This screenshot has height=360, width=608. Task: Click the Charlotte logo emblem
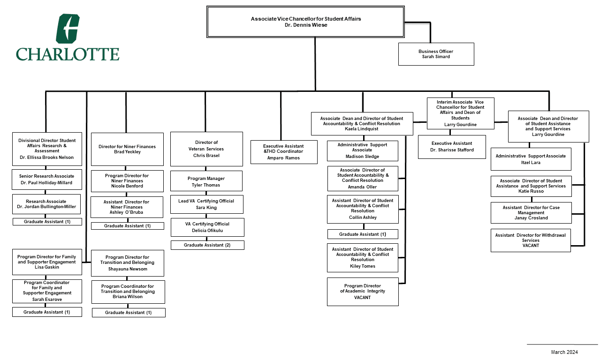click(x=68, y=29)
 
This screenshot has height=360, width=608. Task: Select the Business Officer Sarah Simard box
click(x=436, y=54)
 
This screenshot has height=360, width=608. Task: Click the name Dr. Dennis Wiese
click(x=305, y=25)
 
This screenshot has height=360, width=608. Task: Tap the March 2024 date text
click(x=564, y=352)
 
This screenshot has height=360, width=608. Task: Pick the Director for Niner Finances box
click(x=127, y=149)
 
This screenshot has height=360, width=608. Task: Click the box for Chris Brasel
click(x=206, y=149)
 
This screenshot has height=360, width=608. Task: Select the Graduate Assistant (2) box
click(x=207, y=245)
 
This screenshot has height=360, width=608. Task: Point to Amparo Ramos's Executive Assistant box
click(x=283, y=152)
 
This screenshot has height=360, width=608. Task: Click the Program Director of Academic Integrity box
click(x=363, y=292)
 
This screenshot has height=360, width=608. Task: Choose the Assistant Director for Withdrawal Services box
click(x=531, y=240)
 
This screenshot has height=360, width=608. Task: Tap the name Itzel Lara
click(x=531, y=163)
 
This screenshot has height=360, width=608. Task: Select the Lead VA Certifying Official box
click(x=206, y=204)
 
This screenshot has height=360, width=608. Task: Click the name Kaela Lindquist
click(x=361, y=128)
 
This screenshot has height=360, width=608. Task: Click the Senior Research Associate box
click(x=46, y=179)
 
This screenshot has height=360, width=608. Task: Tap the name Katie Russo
click(x=531, y=191)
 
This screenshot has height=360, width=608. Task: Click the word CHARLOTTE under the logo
click(x=68, y=54)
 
